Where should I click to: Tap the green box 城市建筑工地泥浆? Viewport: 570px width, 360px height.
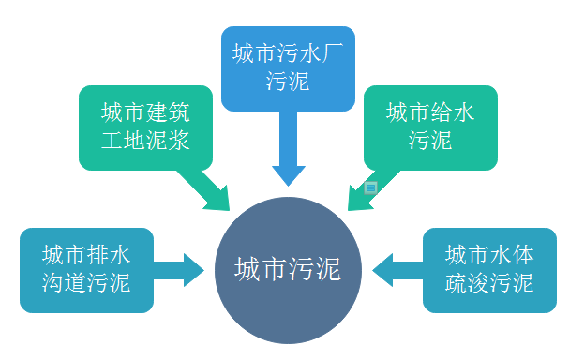tap(142, 127)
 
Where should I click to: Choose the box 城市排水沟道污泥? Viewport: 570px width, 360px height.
tap(86, 270)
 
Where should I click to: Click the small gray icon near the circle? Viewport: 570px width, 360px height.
tap(369, 187)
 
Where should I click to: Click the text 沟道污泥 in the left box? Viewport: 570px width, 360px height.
tap(86, 283)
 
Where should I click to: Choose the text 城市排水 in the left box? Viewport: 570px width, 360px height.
tap(86, 256)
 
